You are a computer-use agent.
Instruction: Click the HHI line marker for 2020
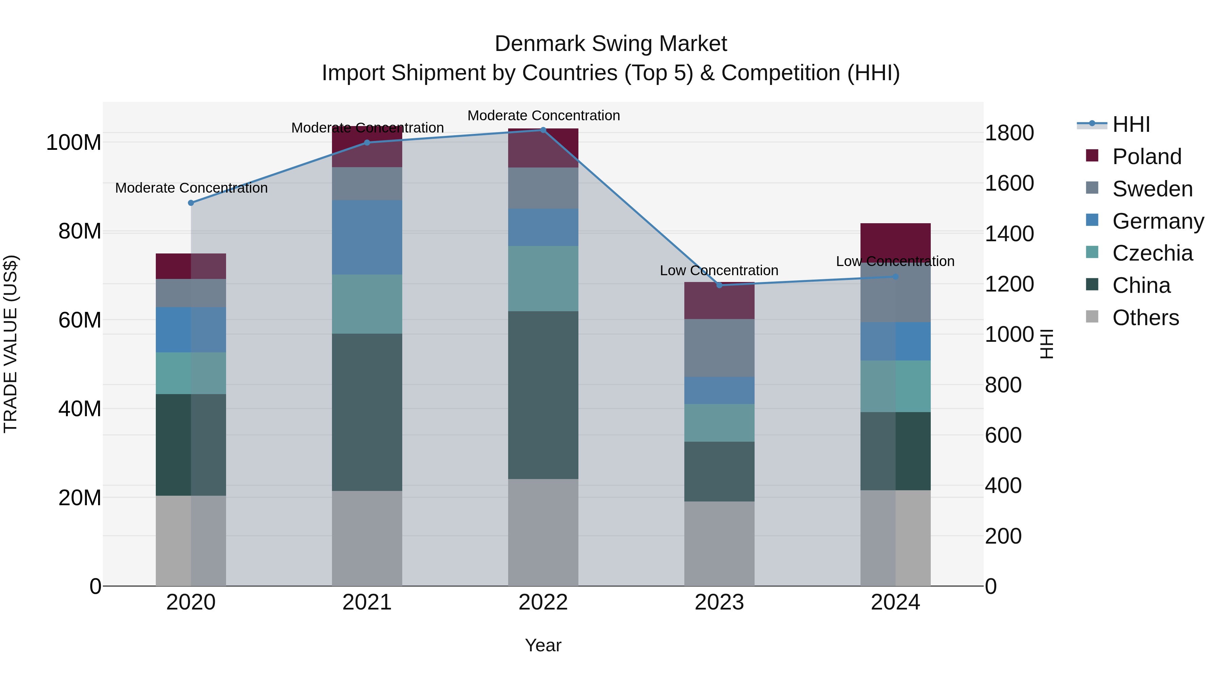click(191, 203)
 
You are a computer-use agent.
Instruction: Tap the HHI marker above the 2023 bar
click(719, 285)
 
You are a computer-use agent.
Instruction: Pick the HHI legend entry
click(1131, 124)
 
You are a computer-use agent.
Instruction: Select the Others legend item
click(1145, 318)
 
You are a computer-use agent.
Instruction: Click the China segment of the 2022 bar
click(543, 395)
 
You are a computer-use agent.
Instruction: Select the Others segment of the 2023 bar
click(719, 544)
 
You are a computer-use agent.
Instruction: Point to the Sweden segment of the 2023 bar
click(719, 348)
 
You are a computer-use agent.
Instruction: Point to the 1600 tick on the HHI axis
click(1010, 183)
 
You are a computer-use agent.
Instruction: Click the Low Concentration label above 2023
click(719, 271)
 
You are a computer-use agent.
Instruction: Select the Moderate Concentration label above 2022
click(544, 116)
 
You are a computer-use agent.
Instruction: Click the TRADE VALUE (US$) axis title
click(11, 344)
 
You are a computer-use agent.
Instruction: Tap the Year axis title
click(543, 645)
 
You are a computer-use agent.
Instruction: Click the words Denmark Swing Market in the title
click(611, 44)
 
